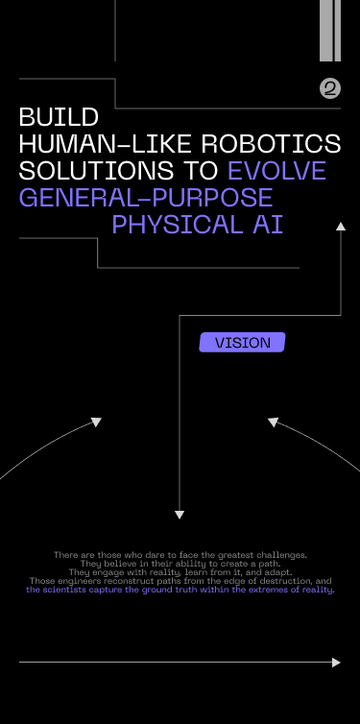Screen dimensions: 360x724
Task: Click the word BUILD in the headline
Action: click(x=59, y=117)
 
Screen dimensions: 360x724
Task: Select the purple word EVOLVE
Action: click(x=276, y=170)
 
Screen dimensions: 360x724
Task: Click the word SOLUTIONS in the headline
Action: click(x=96, y=170)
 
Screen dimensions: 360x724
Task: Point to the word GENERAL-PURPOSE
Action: click(x=146, y=197)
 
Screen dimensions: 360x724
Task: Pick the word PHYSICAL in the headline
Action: click(x=178, y=225)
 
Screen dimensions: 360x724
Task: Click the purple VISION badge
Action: click(x=242, y=343)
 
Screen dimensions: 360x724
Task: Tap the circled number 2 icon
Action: click(x=330, y=88)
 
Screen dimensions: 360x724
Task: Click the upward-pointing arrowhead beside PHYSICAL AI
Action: click(x=341, y=227)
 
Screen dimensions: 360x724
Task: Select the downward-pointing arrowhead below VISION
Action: click(x=180, y=515)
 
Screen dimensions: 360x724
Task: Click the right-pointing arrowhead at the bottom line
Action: click(x=336, y=663)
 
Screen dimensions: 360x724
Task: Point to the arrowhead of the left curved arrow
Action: click(x=96, y=422)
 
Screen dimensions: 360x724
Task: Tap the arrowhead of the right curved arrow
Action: click(x=273, y=422)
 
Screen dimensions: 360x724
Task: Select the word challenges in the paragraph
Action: click(x=281, y=555)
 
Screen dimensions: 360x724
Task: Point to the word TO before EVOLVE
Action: click(x=201, y=170)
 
